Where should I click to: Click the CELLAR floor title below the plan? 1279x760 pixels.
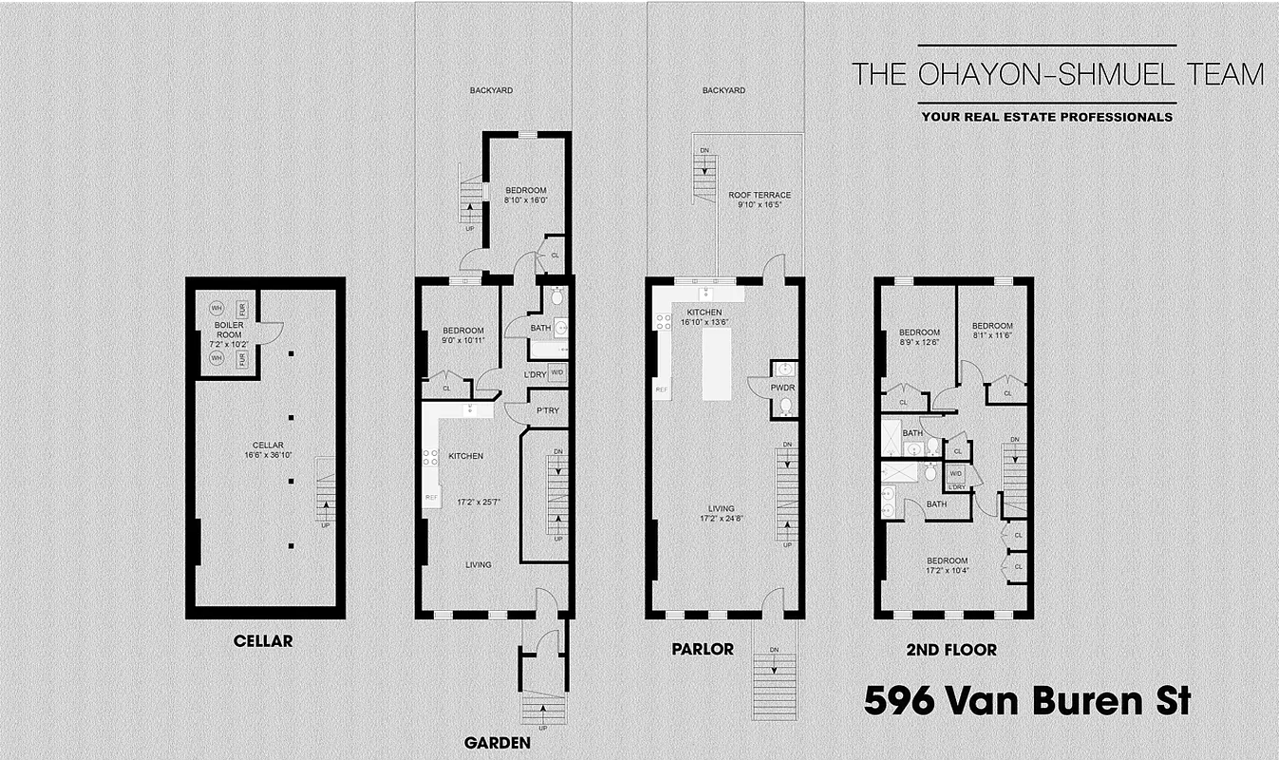pyautogui.click(x=263, y=641)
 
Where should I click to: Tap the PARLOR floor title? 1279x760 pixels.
pyautogui.click(x=702, y=649)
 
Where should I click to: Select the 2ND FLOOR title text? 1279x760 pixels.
pyautogui.click(x=950, y=650)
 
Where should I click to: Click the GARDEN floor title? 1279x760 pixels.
pyautogui.click(x=497, y=743)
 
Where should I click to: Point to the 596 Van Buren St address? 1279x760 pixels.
pyautogui.click(x=1026, y=702)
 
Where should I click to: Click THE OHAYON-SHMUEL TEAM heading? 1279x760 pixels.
pyautogui.click(x=1058, y=74)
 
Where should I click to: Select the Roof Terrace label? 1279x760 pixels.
pyautogui.click(x=760, y=195)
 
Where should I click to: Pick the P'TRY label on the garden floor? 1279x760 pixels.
pyautogui.click(x=547, y=410)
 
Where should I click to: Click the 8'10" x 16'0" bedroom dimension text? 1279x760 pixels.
pyautogui.click(x=525, y=200)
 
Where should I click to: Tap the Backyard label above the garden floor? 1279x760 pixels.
pyautogui.click(x=492, y=90)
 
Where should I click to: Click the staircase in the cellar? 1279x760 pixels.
pyautogui.click(x=326, y=492)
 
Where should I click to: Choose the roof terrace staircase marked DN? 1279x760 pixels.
pyautogui.click(x=705, y=176)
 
